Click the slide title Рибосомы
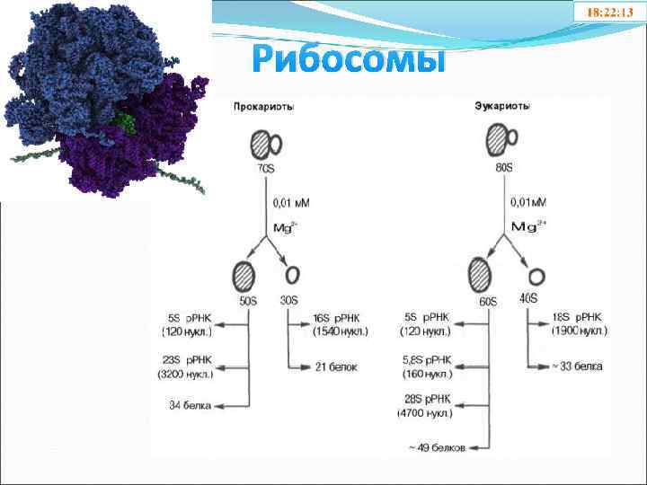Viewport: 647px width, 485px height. [349, 58]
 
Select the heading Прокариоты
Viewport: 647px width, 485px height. [263, 106]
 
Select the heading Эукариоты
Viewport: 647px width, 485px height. [501, 106]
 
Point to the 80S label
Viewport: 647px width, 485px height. [501, 168]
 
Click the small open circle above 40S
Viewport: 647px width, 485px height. [537, 276]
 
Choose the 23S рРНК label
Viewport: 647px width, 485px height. [186, 360]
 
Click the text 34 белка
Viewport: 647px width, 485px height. [190, 405]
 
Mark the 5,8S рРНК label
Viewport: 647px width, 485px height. [427, 360]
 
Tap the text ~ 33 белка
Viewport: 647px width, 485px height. [575, 366]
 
